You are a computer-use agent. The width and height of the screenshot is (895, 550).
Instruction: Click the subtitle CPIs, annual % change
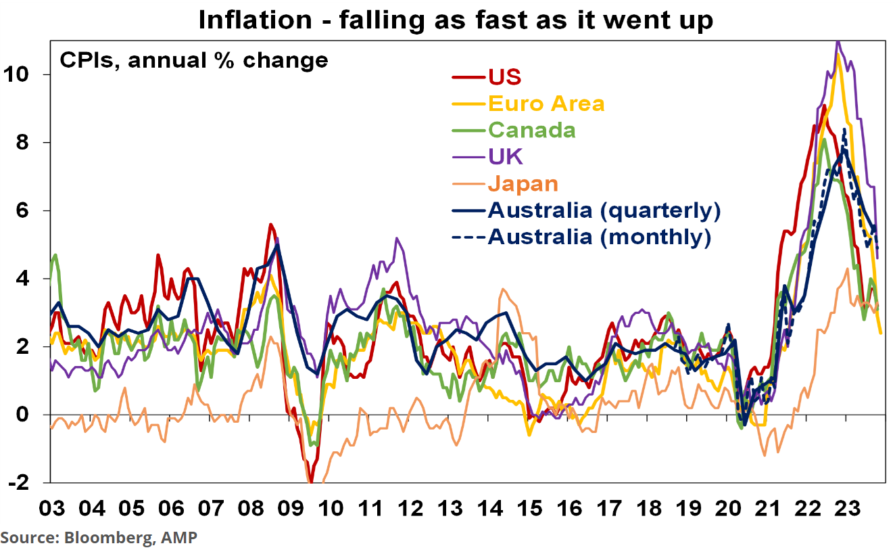194,60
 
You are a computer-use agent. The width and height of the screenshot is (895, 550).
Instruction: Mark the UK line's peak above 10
838,42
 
